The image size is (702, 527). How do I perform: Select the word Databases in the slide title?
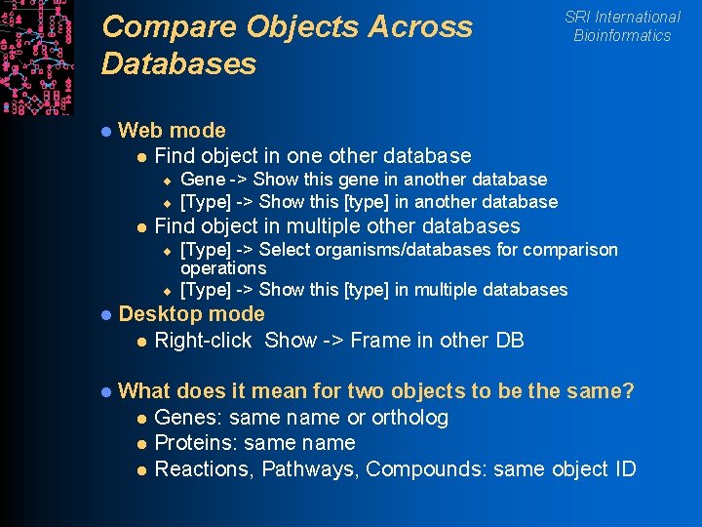(x=178, y=64)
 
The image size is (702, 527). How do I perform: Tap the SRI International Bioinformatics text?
(x=622, y=26)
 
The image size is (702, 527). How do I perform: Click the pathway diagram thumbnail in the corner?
(x=36, y=57)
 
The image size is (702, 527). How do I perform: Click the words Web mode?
(x=172, y=130)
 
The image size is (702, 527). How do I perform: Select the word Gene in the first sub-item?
(x=203, y=179)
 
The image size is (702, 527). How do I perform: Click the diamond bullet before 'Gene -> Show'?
(x=167, y=180)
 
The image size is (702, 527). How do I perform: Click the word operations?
(x=223, y=267)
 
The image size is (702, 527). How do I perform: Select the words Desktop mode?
(x=191, y=313)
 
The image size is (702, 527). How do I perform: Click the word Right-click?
(x=203, y=341)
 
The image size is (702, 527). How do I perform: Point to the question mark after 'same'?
(x=628, y=391)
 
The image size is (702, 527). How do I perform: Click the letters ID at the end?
(x=623, y=469)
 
